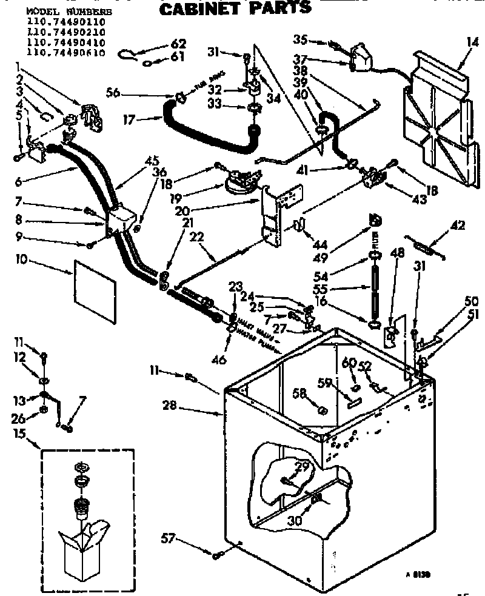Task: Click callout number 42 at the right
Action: click(x=458, y=226)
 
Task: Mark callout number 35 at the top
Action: click(x=300, y=41)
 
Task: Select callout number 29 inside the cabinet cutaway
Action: click(x=301, y=466)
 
